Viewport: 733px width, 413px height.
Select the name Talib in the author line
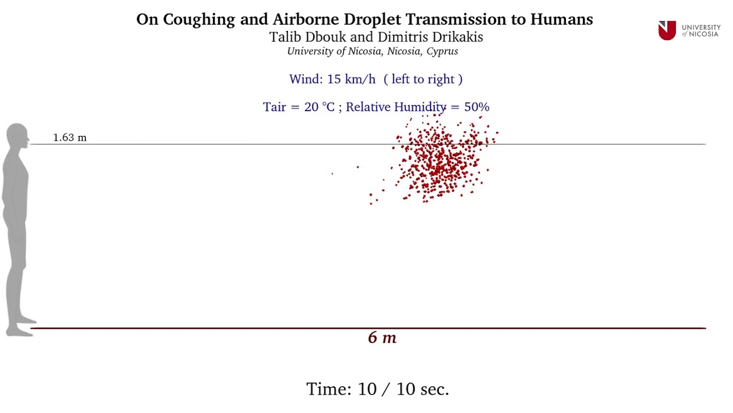pyautogui.click(x=284, y=37)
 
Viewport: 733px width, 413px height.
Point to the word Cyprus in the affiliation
pyautogui.click(x=442, y=51)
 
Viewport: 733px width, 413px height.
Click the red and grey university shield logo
pyautogui.click(x=667, y=30)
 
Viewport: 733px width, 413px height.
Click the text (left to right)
pyautogui.click(x=423, y=79)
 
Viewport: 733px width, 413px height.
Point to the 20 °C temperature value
pyautogui.click(x=319, y=107)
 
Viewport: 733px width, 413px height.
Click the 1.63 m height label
pyautogui.click(x=70, y=138)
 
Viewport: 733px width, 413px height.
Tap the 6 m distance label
pyautogui.click(x=382, y=338)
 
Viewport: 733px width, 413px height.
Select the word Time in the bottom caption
pyautogui.click(x=329, y=389)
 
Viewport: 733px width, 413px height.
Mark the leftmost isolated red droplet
pyautogui.click(x=332, y=173)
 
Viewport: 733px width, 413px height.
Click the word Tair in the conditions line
pyautogui.click(x=274, y=107)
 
